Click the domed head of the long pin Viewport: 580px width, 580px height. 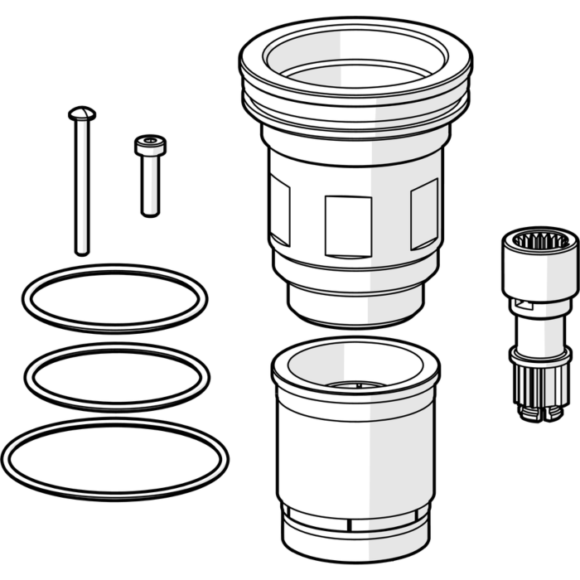click(x=81, y=112)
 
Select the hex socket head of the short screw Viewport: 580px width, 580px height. click(x=150, y=145)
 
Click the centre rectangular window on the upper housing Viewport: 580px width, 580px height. click(x=348, y=225)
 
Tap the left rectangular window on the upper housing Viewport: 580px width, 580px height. click(x=280, y=213)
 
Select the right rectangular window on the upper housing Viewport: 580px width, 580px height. click(x=424, y=214)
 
